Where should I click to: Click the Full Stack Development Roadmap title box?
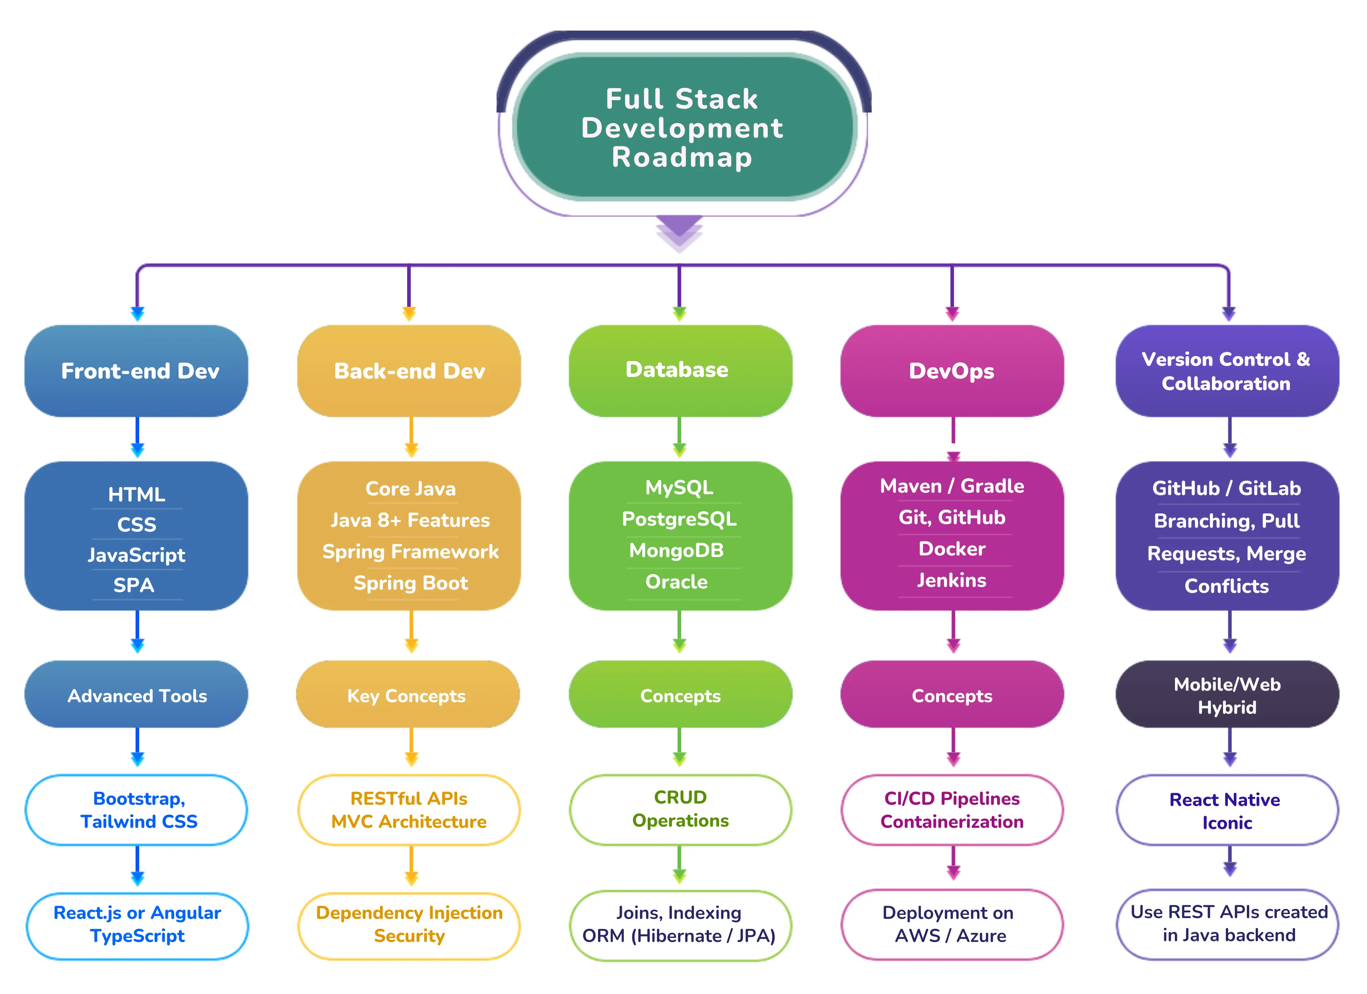pyautogui.click(x=683, y=127)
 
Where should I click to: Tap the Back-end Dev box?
pyautogui.click(x=409, y=371)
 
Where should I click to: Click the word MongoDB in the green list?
pyautogui.click(x=676, y=550)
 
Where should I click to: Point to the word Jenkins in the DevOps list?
pyautogui.click(x=952, y=580)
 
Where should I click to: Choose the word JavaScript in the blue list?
pyautogui.click(x=137, y=555)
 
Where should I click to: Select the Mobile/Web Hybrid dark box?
pyautogui.click(x=1227, y=695)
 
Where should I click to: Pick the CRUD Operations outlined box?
pyautogui.click(x=680, y=809)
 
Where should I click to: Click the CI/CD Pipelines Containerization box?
pyautogui.click(x=952, y=810)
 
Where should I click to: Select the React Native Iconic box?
pyautogui.click(x=1227, y=811)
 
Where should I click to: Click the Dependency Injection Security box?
pyautogui.click(x=409, y=924)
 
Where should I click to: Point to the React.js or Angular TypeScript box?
pyautogui.click(x=138, y=924)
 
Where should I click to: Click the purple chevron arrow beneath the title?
pyautogui.click(x=679, y=232)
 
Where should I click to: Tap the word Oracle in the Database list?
pyautogui.click(x=676, y=582)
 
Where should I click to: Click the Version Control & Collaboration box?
pyautogui.click(x=1227, y=371)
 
